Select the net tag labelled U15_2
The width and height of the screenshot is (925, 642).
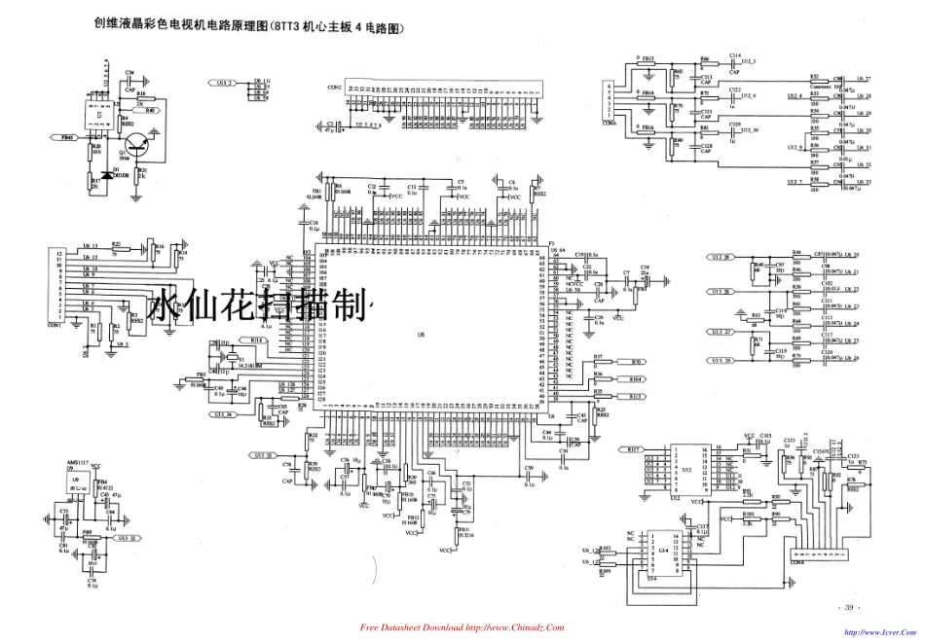[225, 84]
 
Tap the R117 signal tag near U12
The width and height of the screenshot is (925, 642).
[635, 449]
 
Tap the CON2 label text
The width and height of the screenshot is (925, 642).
[334, 88]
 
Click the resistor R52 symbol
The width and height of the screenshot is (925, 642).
[814, 80]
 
